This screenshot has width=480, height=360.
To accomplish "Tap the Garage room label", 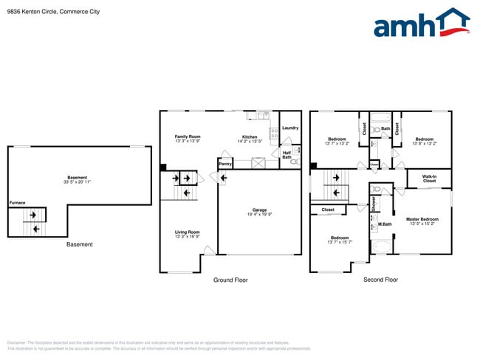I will click(x=259, y=210).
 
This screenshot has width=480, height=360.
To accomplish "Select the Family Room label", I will click(x=188, y=136).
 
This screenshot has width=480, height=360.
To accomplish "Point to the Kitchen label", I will click(x=250, y=136).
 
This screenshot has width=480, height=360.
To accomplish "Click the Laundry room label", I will click(x=290, y=128).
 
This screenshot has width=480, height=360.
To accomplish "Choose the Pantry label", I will click(x=225, y=164).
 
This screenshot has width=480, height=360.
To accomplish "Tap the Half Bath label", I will click(x=287, y=155).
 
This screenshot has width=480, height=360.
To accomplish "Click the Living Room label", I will click(x=188, y=232).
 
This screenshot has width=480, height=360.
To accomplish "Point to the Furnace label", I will click(x=17, y=202).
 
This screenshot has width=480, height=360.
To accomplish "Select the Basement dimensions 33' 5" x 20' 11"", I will click(x=78, y=181).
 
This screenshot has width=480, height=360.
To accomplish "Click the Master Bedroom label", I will click(x=424, y=219).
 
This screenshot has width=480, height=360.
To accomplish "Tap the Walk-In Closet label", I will click(x=429, y=179).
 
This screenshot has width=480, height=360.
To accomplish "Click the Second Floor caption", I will click(x=380, y=280).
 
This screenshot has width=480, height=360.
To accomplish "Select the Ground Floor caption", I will click(x=230, y=280).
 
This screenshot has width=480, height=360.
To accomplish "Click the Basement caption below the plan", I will click(x=80, y=244).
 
